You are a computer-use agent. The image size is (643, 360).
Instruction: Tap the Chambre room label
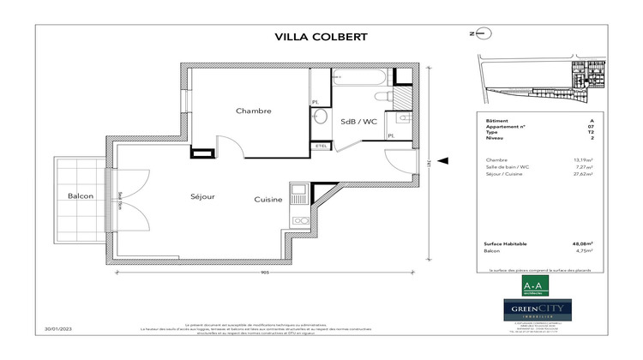pyautogui.click(x=254, y=111)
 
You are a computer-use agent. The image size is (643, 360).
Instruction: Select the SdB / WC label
pyautogui.click(x=358, y=121)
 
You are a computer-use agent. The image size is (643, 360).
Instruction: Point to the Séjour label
pyautogui.click(x=202, y=197)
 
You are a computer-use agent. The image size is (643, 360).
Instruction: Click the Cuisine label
pyautogui.click(x=268, y=199)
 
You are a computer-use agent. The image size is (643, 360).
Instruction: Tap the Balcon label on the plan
pyautogui.click(x=81, y=197)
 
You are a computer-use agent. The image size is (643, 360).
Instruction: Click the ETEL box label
pyautogui.click(x=321, y=147)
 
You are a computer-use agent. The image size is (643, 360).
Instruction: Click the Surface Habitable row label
pyautogui.click(x=505, y=244)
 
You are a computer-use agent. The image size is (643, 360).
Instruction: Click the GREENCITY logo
pyautogui.click(x=525, y=309)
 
